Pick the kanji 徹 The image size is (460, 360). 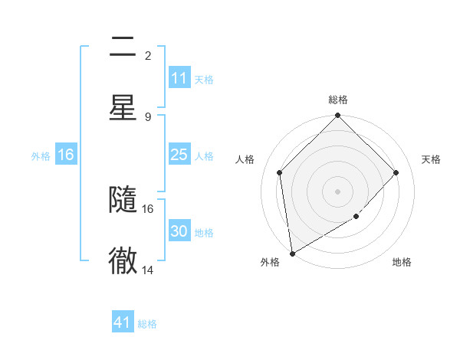coord(123,260)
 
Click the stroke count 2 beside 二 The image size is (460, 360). coord(148,55)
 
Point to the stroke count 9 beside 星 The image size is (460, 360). coord(148,116)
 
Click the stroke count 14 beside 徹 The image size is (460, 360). coord(148,270)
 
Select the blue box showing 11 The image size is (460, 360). coord(179,78)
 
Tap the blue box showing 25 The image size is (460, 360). coord(179,155)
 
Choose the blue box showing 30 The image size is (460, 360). coord(179,231)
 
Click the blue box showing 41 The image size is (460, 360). coord(123,322)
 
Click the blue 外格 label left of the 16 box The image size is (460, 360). coord(41,155)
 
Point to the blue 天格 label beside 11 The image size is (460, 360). coord(204,79)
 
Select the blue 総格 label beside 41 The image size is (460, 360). coord(147,324)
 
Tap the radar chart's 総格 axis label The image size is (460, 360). coord(338,100)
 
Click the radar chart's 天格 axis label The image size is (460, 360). coord(432,159)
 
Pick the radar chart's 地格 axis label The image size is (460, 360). coord(402,262)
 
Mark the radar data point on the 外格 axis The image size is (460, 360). coord(292,253)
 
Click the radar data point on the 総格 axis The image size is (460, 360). coord(338,116)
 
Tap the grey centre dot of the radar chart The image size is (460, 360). coord(338,191)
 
